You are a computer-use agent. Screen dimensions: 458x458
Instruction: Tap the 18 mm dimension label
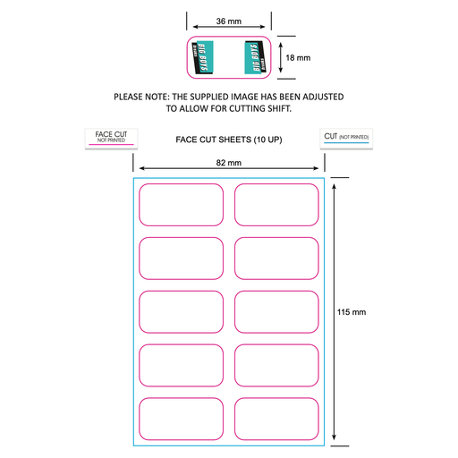(298, 57)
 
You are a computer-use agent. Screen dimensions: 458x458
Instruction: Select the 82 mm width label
(229, 162)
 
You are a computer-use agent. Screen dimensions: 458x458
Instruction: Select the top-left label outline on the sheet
(181, 205)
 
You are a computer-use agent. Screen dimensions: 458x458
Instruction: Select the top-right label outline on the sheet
(276, 205)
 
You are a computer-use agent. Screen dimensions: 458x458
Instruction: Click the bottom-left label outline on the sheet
(181, 420)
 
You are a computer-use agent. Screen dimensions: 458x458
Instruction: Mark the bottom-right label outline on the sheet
(276, 420)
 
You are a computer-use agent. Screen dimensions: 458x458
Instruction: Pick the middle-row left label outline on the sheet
(181, 312)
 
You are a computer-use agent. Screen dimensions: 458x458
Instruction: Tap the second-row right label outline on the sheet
(276, 259)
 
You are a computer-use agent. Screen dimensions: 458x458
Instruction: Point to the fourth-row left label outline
(181, 366)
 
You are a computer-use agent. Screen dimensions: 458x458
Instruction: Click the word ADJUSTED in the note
(318, 96)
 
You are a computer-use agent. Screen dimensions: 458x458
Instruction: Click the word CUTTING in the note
(237, 108)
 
